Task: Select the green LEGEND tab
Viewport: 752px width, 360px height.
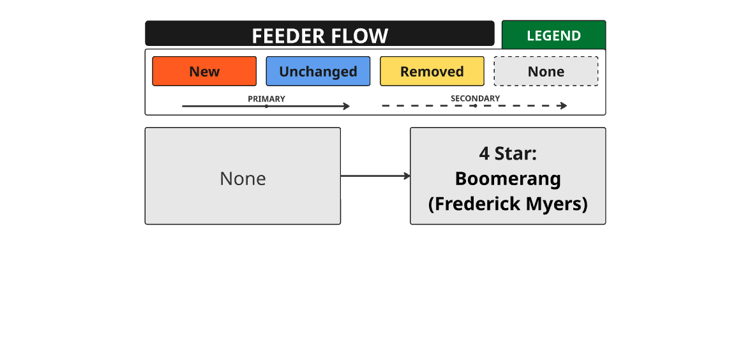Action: (553, 36)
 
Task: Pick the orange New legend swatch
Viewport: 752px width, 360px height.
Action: (204, 71)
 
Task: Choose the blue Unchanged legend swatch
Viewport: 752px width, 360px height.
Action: (318, 71)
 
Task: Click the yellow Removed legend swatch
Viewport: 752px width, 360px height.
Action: (432, 71)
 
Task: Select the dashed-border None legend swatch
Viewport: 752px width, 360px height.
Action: (546, 71)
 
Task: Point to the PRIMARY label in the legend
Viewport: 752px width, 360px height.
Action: (266, 99)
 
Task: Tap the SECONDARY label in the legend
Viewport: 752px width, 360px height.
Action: (476, 99)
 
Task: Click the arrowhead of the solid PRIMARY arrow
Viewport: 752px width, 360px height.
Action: (348, 107)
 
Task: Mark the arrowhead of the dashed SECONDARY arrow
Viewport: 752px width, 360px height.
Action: (564, 106)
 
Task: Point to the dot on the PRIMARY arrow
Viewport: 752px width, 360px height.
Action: (266, 107)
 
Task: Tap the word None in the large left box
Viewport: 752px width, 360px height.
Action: (243, 179)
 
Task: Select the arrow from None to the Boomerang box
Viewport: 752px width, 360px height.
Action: (375, 176)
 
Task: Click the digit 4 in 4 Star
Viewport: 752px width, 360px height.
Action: (484, 154)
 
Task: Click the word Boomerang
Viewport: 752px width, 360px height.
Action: (508, 179)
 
